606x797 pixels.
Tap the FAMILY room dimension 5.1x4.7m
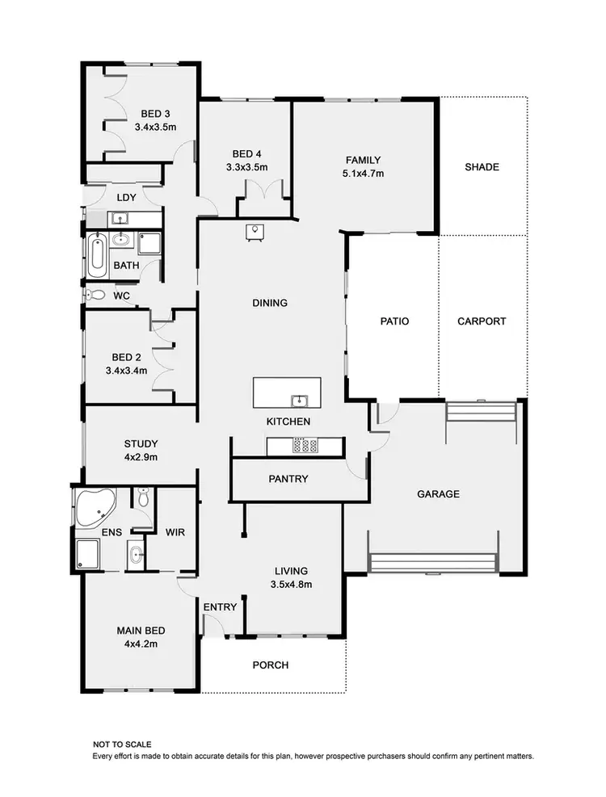(x=363, y=173)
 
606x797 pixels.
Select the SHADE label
(x=482, y=167)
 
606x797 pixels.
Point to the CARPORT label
(x=482, y=321)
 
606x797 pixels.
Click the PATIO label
(x=394, y=321)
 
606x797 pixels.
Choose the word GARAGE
(x=439, y=493)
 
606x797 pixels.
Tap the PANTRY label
(x=288, y=479)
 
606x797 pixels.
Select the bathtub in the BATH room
(x=98, y=252)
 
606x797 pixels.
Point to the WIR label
(x=176, y=532)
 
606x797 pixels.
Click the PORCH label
(x=271, y=665)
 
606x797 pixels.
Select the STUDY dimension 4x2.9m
(x=141, y=457)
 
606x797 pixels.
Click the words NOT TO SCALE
(x=122, y=744)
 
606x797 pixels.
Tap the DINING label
(x=270, y=303)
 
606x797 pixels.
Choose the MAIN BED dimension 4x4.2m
(x=135, y=644)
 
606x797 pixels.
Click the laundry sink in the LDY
(x=119, y=218)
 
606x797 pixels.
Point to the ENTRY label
(x=220, y=607)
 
